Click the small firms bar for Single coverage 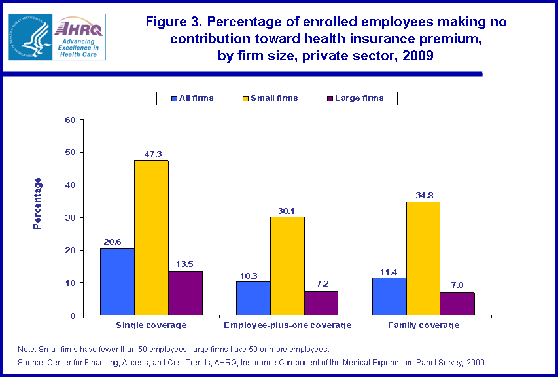151,238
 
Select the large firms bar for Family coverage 457,304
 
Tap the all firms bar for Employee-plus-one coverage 253,298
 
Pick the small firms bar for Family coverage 423,259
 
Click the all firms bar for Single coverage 117,282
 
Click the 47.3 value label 152,154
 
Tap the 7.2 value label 321,285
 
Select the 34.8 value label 423,195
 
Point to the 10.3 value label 253,275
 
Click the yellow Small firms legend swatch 245,99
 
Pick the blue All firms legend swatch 175,99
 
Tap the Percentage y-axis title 37,203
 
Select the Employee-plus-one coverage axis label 287,325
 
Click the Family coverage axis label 423,325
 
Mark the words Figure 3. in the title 174,22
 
